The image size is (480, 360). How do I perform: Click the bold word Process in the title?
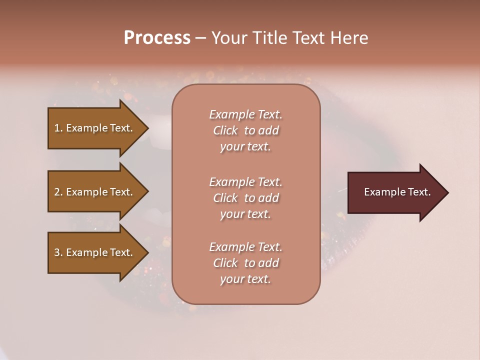[157, 38]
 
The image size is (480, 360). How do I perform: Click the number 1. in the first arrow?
[58, 128]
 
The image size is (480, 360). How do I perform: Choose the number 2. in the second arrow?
[58, 192]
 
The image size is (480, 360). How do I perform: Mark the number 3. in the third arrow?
[58, 252]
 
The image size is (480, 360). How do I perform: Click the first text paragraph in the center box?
[245, 130]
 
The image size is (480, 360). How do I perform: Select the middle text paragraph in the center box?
[245, 198]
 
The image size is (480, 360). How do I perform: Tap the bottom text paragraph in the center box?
[245, 263]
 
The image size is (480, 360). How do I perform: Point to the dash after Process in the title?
[200, 38]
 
